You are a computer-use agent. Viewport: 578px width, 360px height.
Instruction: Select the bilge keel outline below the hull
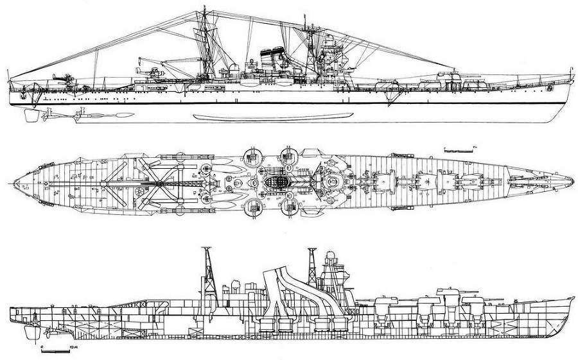pyautogui.click(x=273, y=116)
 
